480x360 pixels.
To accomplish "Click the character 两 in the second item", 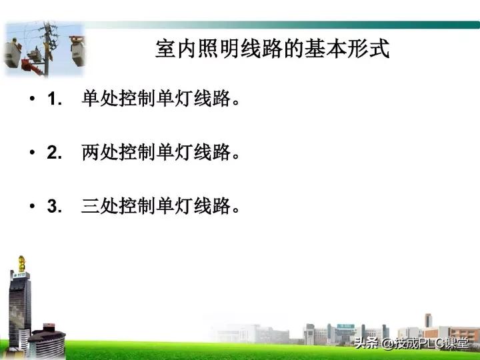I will (x=91, y=153).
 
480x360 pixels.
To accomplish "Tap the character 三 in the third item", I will (x=91, y=207).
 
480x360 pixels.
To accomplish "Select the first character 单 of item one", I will (x=91, y=99).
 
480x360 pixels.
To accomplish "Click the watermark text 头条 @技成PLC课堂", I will (x=411, y=344).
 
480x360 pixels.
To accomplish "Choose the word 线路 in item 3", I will (x=212, y=207).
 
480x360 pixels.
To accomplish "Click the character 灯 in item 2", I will (x=184, y=153).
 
